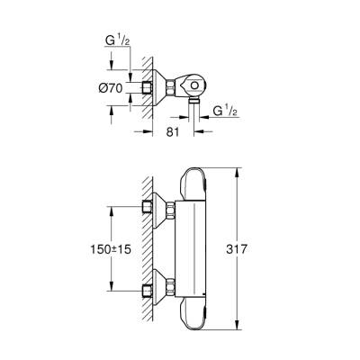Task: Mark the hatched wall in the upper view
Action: coord(139,85)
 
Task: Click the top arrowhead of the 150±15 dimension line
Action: coord(111,209)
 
